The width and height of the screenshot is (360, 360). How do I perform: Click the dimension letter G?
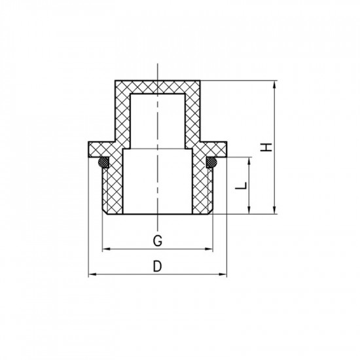(157, 240)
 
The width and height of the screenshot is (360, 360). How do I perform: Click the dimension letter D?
(157, 266)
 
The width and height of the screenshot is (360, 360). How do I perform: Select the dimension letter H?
(265, 148)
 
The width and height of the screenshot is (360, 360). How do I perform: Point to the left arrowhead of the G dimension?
(106, 249)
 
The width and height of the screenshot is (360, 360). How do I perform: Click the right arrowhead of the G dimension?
(211, 249)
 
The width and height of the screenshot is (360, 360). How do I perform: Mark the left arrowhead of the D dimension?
(91, 275)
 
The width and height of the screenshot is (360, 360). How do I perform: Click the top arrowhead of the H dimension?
(274, 83)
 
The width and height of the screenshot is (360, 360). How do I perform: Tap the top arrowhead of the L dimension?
(249, 160)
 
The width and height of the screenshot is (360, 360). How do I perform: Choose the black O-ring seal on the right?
(212, 160)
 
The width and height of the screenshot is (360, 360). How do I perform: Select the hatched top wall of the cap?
(157, 87)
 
